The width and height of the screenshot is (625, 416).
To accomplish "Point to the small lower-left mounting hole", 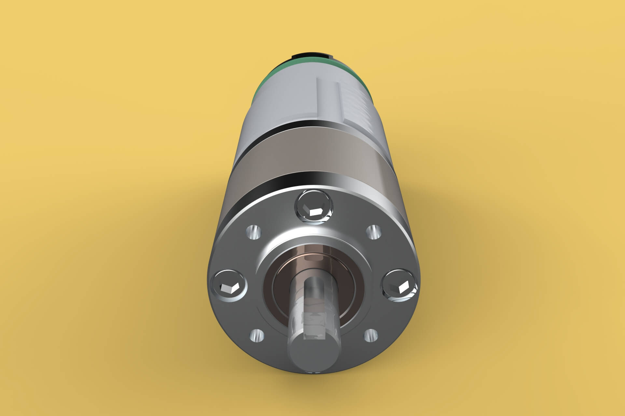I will coord(256,335).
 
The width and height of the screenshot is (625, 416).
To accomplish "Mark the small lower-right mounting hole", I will coord(370,335).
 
